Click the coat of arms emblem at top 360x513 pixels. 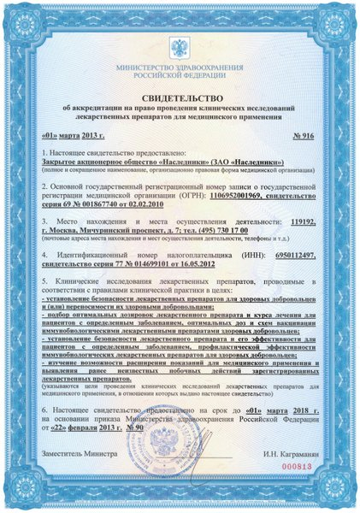tap(180, 41)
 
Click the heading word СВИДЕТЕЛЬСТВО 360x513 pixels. tap(180, 98)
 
